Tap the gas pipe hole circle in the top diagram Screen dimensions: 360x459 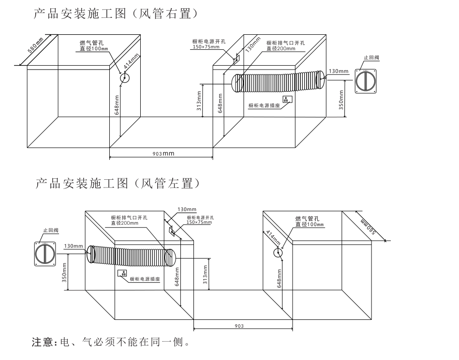[125, 78]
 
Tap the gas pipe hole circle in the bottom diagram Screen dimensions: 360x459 [278, 252]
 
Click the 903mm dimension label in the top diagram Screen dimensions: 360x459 [162, 153]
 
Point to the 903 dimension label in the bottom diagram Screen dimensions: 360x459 [238, 326]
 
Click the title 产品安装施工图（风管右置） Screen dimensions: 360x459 [115, 14]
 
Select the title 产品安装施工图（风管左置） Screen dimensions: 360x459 [118, 184]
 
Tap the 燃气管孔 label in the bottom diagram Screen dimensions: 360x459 [306, 219]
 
